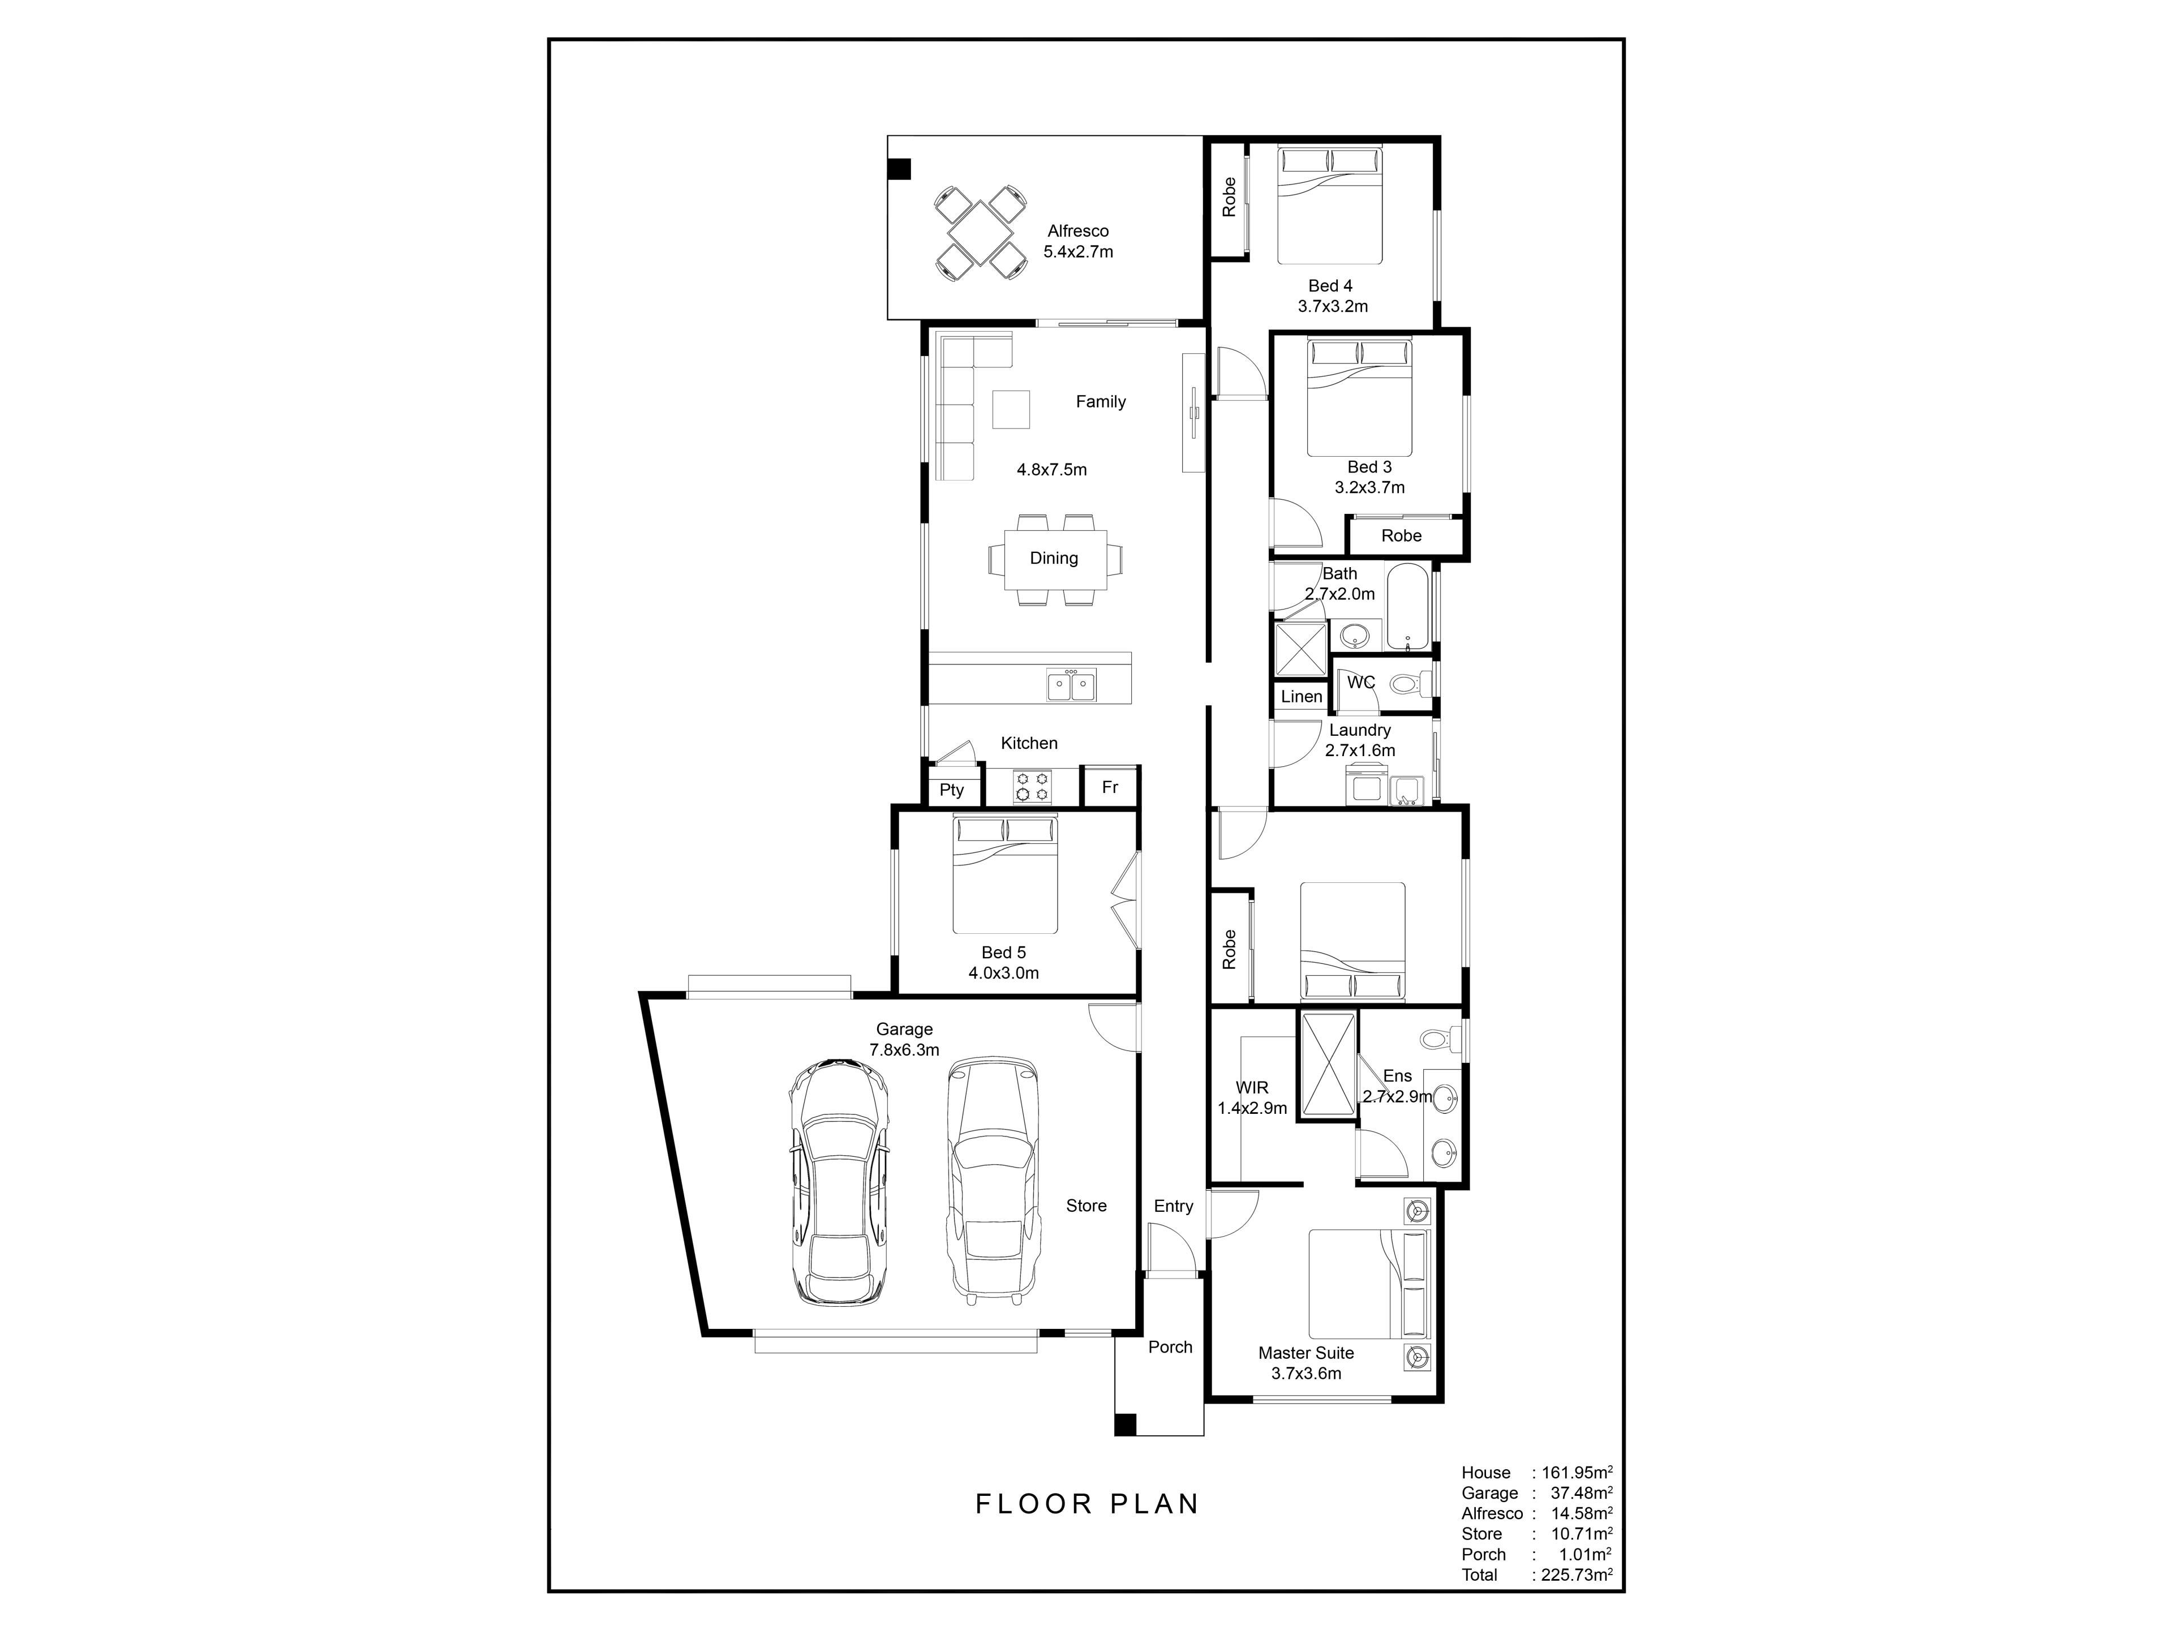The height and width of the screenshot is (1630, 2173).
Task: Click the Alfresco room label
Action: (1077, 231)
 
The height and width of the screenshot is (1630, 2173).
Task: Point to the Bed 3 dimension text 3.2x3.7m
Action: (1369, 487)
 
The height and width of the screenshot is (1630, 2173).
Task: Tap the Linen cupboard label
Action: (1302, 697)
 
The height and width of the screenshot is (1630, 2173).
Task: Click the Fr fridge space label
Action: (1110, 787)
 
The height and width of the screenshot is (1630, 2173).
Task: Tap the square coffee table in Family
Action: (1011, 410)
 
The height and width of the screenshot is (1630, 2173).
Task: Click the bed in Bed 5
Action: (1005, 874)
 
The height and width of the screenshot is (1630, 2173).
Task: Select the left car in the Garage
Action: (840, 1182)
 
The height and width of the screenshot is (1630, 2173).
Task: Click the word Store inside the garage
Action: (1086, 1206)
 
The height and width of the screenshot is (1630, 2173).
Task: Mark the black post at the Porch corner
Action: (1126, 1423)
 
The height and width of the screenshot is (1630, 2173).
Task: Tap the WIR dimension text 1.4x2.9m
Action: (1252, 1108)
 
